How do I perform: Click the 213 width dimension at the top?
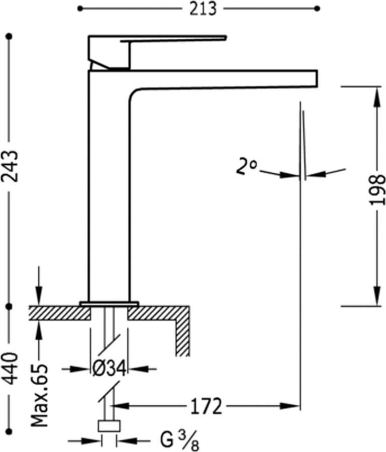tap(203, 9)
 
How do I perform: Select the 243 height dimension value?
tap(10, 166)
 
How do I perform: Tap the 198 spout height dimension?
tap(377, 189)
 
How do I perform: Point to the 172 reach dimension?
tap(206, 406)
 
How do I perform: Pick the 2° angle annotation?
tap(246, 166)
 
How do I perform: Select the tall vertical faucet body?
tap(109, 191)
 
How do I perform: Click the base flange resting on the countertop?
tap(109, 303)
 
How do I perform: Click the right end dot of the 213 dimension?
tap(317, 9)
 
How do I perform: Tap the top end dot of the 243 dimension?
tap(9, 36)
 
